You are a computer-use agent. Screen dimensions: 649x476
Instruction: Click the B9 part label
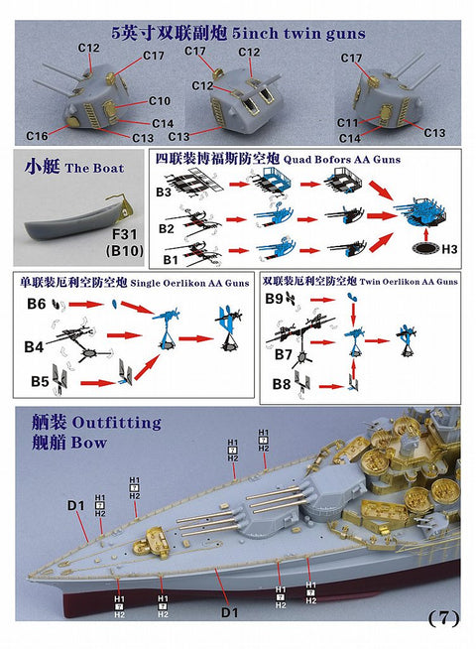[274, 299]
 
